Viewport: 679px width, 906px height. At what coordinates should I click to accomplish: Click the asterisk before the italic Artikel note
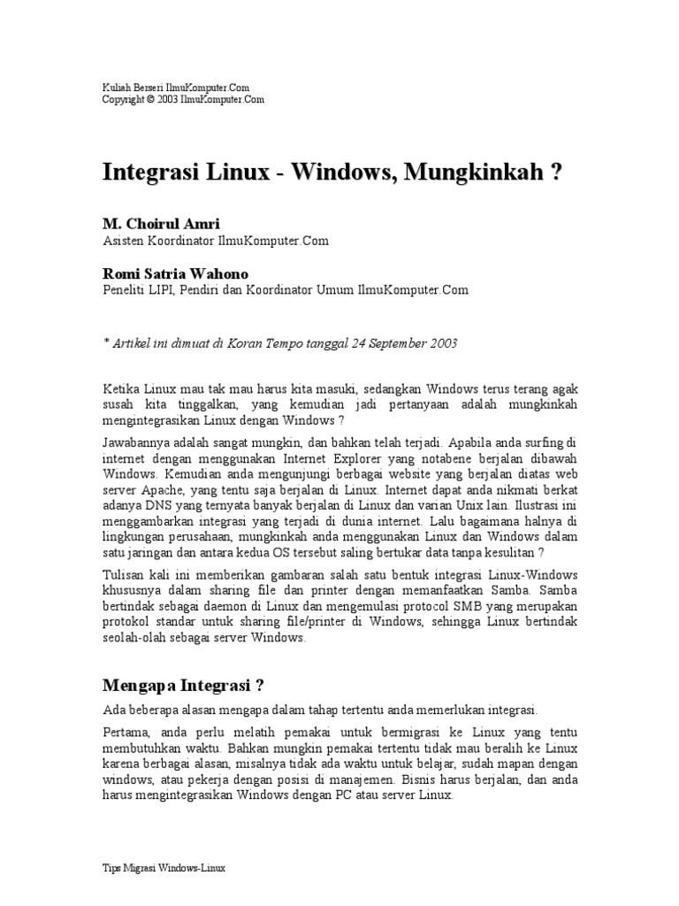coord(106,342)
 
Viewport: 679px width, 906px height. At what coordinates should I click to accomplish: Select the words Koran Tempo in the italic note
coord(244,342)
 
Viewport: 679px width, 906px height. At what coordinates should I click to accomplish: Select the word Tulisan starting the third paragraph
coord(125,573)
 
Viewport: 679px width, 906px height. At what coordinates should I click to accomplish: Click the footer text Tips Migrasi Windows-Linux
coord(164,869)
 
